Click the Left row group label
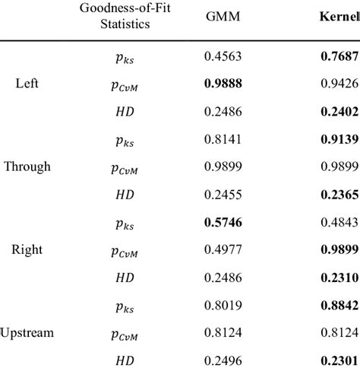pyautogui.click(x=27, y=83)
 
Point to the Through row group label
pyautogui.click(x=27, y=166)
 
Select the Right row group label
pyautogui.click(x=27, y=249)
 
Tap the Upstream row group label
pyautogui.click(x=27, y=332)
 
